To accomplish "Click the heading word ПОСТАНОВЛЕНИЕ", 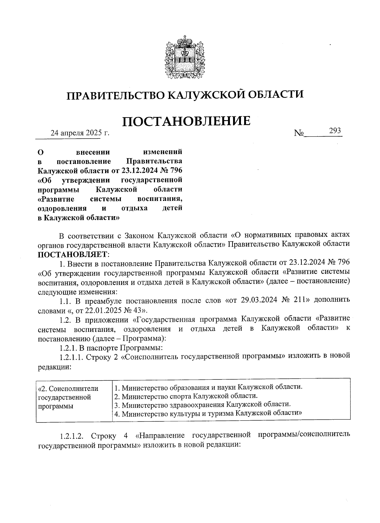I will (186, 121).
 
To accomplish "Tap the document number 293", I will (335, 130).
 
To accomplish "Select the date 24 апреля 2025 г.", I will (80, 132).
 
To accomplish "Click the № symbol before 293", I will (299, 133).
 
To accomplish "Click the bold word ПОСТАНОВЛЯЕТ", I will (73, 254).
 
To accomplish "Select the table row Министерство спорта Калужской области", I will (186, 396).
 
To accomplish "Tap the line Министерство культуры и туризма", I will (208, 413).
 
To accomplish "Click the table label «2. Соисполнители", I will (68, 388).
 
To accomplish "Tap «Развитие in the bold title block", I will (56, 199).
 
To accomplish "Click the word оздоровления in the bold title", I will (62, 208).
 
